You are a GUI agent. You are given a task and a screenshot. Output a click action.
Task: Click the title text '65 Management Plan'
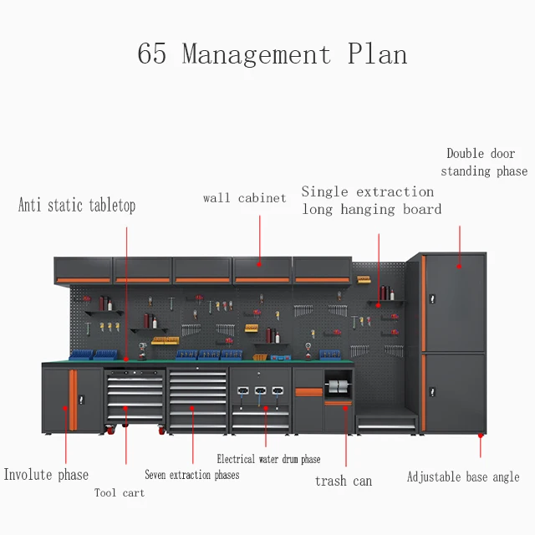[272, 55]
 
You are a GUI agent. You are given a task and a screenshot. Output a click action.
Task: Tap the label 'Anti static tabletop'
[77, 205]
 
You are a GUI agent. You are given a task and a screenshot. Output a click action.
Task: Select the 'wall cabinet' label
[244, 198]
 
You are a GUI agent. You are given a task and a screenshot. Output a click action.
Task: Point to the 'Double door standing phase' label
[485, 162]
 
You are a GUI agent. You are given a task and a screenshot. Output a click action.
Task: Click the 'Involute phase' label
[46, 475]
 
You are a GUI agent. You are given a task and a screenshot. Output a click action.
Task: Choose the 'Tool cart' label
[119, 493]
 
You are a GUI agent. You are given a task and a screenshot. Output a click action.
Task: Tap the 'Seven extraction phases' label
[191, 475]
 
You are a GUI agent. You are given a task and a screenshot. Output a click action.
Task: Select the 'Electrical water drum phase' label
[268, 459]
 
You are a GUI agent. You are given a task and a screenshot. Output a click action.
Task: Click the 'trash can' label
[343, 481]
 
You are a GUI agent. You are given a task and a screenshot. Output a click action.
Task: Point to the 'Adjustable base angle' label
[463, 477]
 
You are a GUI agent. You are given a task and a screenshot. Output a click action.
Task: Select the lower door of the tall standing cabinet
[456, 391]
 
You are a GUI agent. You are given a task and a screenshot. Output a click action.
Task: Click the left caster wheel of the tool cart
[110, 431]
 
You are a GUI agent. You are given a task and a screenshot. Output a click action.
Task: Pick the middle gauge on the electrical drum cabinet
[261, 390]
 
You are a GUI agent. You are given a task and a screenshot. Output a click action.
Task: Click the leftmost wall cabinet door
[84, 269]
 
